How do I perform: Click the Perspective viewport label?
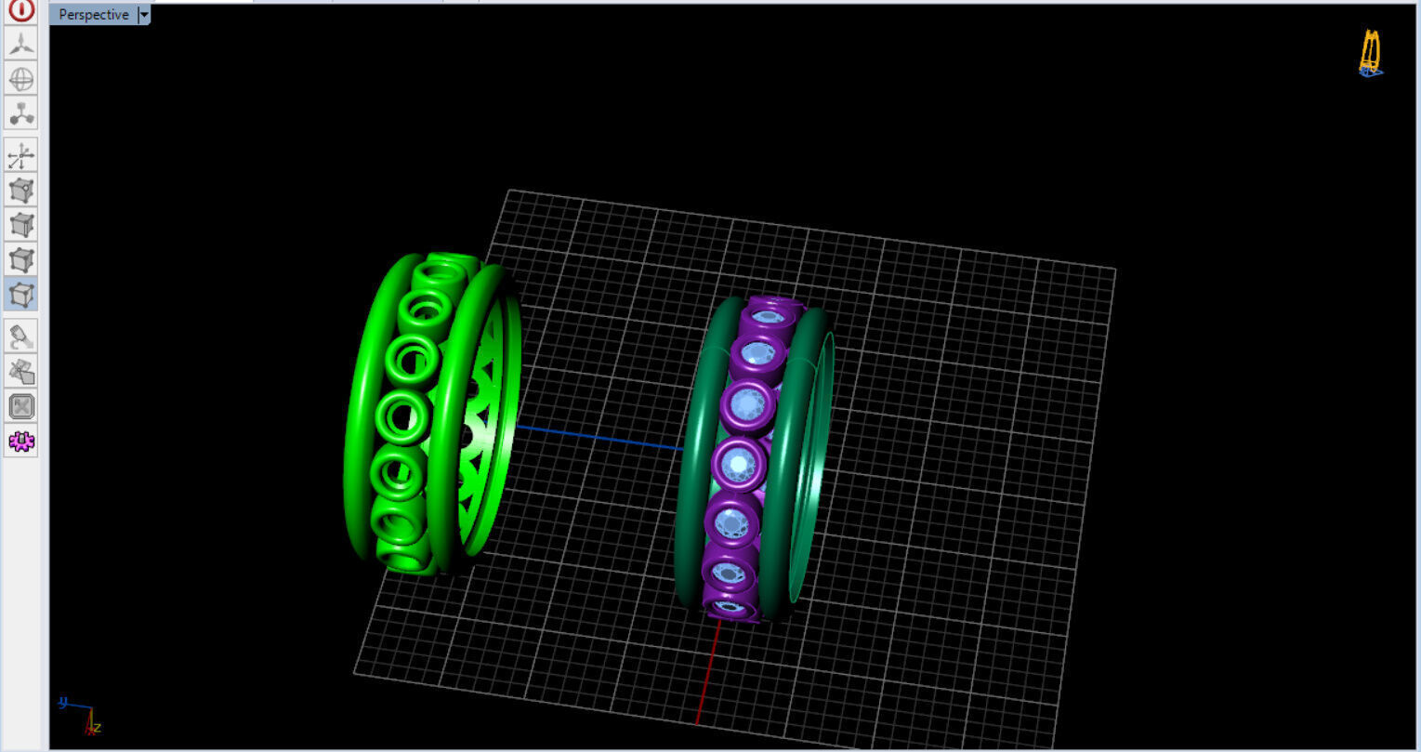pyautogui.click(x=93, y=15)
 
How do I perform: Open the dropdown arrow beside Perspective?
pyautogui.click(x=144, y=15)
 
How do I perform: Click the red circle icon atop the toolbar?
pyautogui.click(x=21, y=9)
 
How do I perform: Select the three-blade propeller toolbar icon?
pyautogui.click(x=21, y=44)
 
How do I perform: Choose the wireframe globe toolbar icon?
pyautogui.click(x=21, y=79)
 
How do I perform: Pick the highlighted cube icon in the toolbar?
pyautogui.click(x=21, y=295)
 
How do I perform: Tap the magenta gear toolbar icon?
pyautogui.click(x=21, y=441)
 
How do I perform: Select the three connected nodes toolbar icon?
pyautogui.click(x=21, y=113)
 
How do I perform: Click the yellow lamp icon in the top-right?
pyautogui.click(x=1370, y=52)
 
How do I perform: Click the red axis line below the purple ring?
pyautogui.click(x=707, y=669)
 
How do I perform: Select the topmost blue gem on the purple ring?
pyautogui.click(x=768, y=316)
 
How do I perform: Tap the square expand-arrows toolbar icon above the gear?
pyautogui.click(x=21, y=406)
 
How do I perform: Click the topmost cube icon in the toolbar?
pyautogui.click(x=21, y=191)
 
